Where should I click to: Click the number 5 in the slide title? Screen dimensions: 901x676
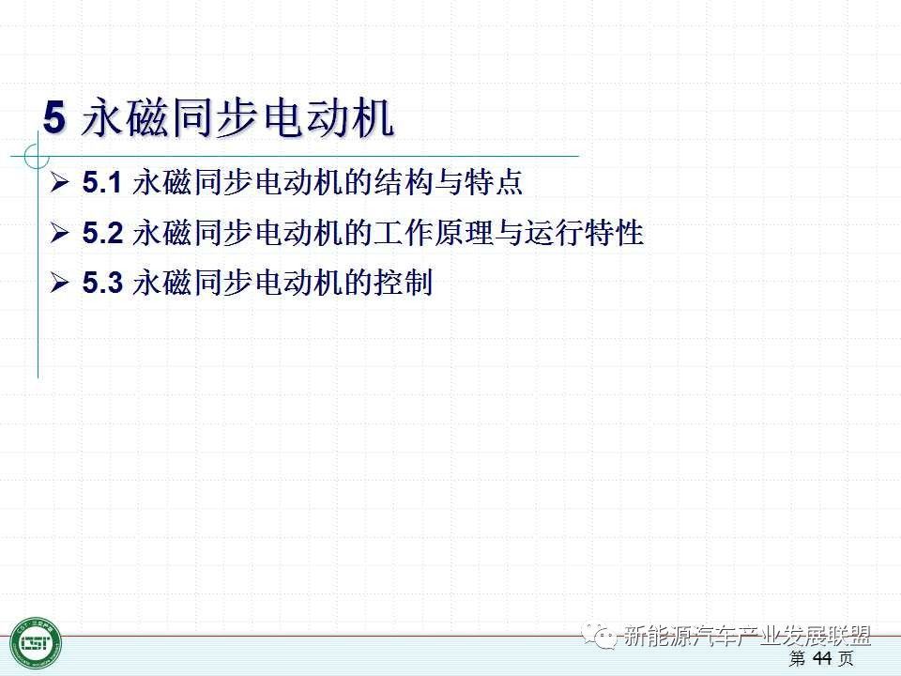[54, 118]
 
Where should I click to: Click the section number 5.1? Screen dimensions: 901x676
[101, 182]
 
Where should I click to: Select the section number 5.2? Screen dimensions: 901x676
[103, 233]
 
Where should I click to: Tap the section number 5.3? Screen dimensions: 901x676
[103, 283]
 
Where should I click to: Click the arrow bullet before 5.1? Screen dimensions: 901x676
[59, 182]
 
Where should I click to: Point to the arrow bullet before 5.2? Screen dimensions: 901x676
[59, 233]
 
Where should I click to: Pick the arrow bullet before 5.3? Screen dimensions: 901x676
[59, 283]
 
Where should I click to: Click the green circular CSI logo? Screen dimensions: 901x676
[36, 642]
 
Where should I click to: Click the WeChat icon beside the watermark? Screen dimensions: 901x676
[599, 635]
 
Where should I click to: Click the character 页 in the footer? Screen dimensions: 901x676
[846, 658]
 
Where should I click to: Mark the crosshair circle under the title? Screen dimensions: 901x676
[38, 156]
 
